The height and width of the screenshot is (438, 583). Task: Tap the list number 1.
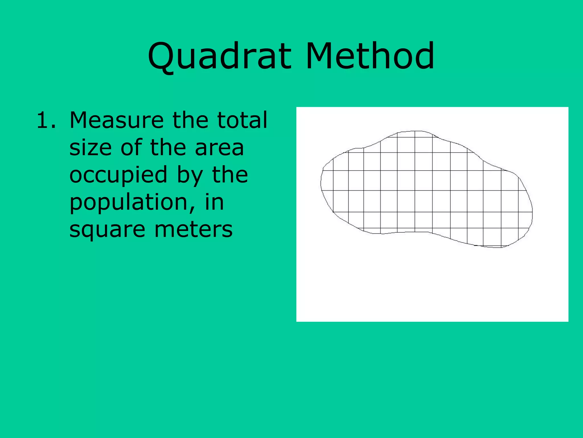(46, 120)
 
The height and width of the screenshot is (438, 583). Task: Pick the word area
(219, 147)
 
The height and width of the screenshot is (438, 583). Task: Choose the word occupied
(118, 175)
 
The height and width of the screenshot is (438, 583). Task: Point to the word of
(131, 147)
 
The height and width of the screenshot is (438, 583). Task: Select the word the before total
(190, 120)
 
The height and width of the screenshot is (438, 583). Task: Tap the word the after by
(230, 175)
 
